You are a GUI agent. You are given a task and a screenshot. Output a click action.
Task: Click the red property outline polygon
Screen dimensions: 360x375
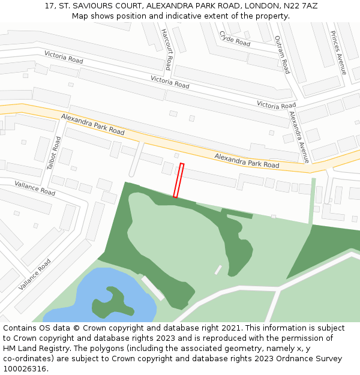point(178,180)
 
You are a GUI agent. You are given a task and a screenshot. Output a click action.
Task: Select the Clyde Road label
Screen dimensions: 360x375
point(235,39)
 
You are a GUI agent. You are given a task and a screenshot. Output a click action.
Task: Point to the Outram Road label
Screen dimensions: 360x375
point(282,54)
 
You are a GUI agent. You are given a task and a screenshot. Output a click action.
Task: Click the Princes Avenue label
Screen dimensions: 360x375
point(338,53)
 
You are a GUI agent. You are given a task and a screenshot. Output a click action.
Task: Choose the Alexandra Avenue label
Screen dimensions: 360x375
point(298,137)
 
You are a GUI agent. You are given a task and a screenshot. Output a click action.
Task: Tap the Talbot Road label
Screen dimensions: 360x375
point(54,154)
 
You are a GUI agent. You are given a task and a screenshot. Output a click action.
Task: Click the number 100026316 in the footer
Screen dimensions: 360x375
point(24,369)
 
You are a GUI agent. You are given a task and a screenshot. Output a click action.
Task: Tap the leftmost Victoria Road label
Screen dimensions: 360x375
point(64,57)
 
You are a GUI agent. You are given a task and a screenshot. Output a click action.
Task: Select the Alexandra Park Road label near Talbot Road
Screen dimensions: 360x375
point(92,124)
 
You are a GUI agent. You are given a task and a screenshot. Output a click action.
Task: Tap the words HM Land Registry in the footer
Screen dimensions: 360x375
point(35,349)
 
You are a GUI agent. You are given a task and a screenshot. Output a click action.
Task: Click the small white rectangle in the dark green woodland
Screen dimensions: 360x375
point(218,270)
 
